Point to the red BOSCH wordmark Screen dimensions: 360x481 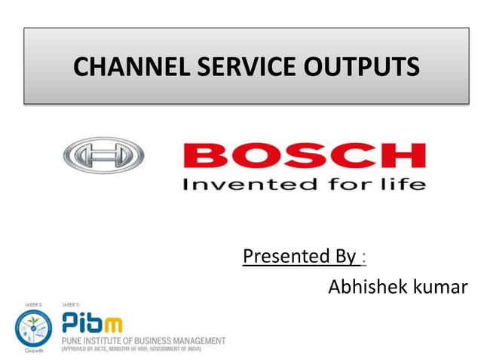(303, 156)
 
